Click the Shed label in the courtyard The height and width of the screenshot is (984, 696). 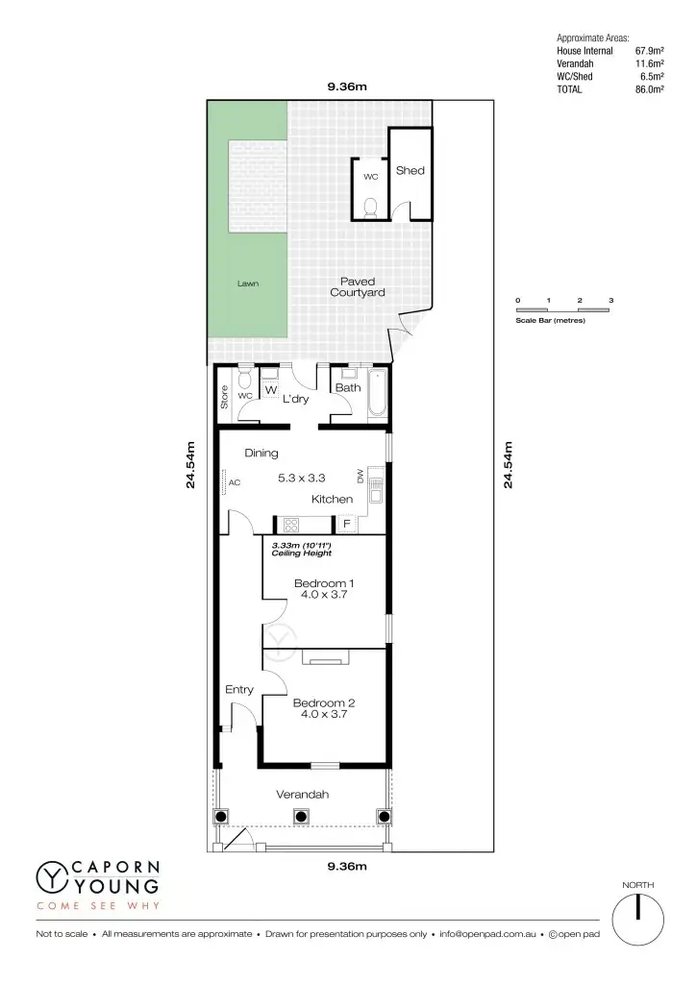[x=410, y=170]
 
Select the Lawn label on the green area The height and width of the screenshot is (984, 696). [x=248, y=283]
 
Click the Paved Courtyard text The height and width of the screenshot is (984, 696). [x=358, y=287]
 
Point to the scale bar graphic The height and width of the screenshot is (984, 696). [x=563, y=310]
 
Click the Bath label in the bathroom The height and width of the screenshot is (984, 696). [x=348, y=388]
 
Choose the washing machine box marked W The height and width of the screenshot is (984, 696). [x=270, y=390]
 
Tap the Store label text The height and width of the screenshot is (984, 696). [x=225, y=398]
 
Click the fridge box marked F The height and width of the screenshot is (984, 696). [x=346, y=524]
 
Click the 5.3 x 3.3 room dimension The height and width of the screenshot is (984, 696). [x=302, y=478]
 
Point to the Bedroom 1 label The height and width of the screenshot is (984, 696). [x=324, y=583]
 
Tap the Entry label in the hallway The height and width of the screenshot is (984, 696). [x=239, y=690]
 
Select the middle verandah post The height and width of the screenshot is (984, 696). [x=301, y=817]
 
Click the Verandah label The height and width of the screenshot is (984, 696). [x=303, y=795]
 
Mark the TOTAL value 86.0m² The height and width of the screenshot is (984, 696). [x=651, y=89]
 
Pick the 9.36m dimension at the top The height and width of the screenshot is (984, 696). [x=347, y=87]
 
